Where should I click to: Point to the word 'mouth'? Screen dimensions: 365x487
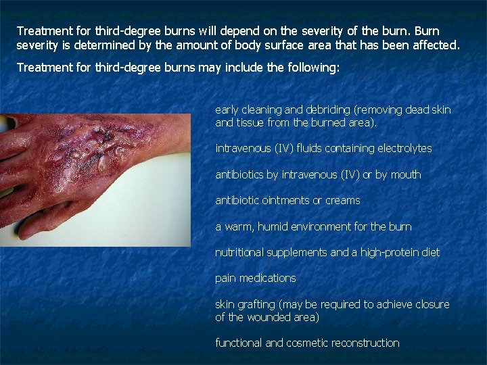point(406,174)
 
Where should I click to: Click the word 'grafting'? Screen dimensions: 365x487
point(260,304)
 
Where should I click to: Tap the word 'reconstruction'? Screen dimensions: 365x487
point(363,343)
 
